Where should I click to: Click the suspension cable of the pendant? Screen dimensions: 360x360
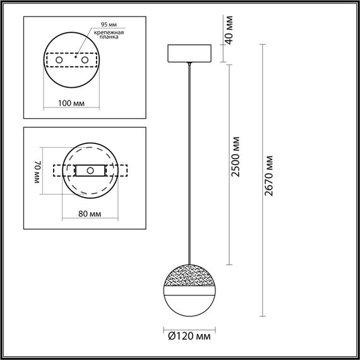pyautogui.click(x=189, y=158)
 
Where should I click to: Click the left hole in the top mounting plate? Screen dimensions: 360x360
pyautogui.click(x=60, y=59)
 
